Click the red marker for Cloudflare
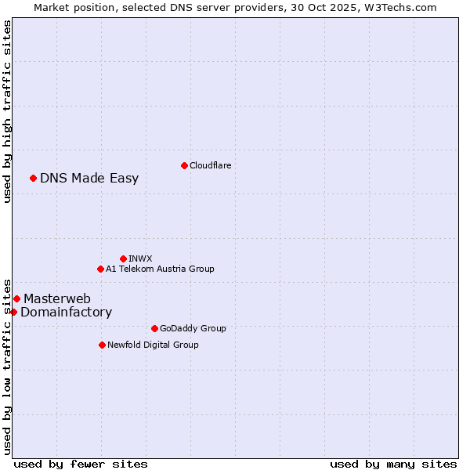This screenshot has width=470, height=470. click(x=184, y=165)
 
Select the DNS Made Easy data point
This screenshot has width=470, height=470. click(x=33, y=178)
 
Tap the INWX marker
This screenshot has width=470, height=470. click(x=123, y=258)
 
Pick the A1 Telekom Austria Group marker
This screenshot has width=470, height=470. click(x=100, y=269)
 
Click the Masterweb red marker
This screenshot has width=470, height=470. click(x=16, y=298)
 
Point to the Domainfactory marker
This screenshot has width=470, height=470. click(x=13, y=312)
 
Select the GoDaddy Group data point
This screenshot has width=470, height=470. click(x=154, y=328)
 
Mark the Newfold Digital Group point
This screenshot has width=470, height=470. click(x=102, y=345)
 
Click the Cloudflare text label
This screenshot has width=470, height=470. click(x=210, y=165)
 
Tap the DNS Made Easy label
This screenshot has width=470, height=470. click(x=89, y=178)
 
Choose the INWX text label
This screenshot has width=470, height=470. click(x=140, y=258)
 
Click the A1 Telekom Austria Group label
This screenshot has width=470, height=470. click(x=160, y=269)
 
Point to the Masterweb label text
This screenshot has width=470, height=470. click(x=57, y=298)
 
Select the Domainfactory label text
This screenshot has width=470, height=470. click(x=66, y=312)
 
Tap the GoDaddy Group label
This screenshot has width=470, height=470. click(x=192, y=328)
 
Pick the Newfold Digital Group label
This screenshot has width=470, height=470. click(x=153, y=345)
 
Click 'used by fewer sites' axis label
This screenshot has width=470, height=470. click(x=81, y=464)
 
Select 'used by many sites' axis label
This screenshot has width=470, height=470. click(x=393, y=464)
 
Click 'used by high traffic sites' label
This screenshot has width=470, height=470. click(x=7, y=111)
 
